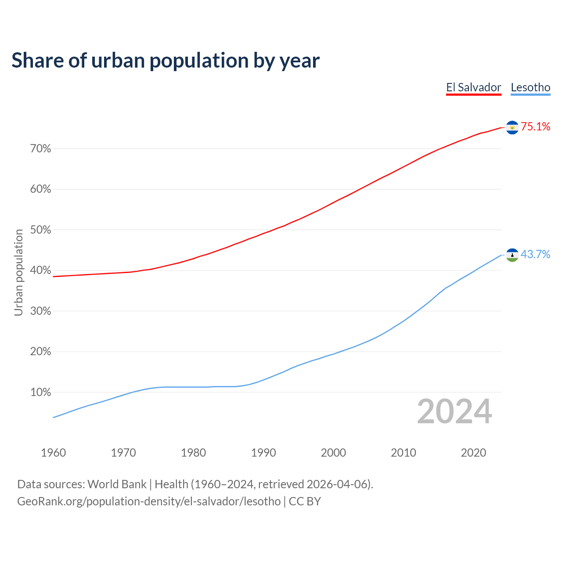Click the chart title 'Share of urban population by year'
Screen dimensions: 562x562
pyautogui.click(x=166, y=61)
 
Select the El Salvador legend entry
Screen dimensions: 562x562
pyautogui.click(x=473, y=87)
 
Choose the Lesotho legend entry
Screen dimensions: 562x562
pyautogui.click(x=530, y=87)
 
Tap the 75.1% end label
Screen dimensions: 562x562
pyautogui.click(x=535, y=127)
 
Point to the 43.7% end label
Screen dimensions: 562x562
pyautogui.click(x=535, y=255)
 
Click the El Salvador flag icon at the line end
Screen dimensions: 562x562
pyautogui.click(x=512, y=127)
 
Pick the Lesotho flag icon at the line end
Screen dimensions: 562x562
pyautogui.click(x=512, y=255)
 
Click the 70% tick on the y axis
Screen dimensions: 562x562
pyautogui.click(x=40, y=149)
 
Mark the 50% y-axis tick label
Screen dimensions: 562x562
pyautogui.click(x=40, y=230)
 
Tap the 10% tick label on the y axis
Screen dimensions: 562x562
pyautogui.click(x=40, y=393)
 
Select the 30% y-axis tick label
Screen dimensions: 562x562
pyautogui.click(x=40, y=311)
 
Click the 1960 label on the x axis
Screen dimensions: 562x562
pyautogui.click(x=53, y=453)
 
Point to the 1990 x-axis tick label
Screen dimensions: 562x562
pyautogui.click(x=263, y=453)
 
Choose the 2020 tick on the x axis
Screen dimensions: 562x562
pyautogui.click(x=473, y=453)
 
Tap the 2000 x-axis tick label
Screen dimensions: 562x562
pyautogui.click(x=333, y=453)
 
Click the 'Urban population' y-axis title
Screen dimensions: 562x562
pyautogui.click(x=18, y=272)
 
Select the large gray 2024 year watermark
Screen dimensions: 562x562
pyautogui.click(x=454, y=412)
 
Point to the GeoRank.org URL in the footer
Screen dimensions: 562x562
pyautogui.click(x=149, y=501)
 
